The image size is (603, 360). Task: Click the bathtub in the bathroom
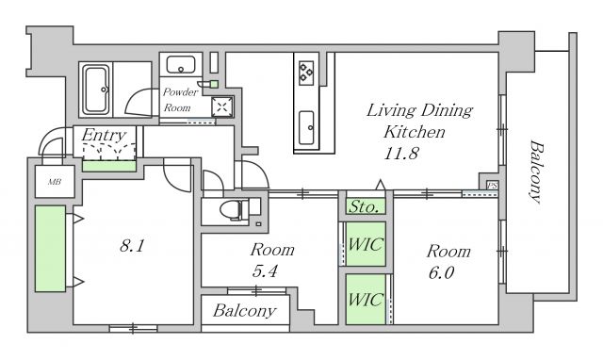pyautogui.click(x=96, y=90)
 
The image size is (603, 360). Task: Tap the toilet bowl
pyautogui.click(x=232, y=210)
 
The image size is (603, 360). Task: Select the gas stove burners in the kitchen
pyautogui.click(x=306, y=73)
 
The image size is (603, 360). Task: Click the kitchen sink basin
pyautogui.click(x=306, y=127)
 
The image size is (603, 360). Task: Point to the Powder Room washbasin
pyautogui.click(x=180, y=64)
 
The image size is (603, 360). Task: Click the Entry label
pyautogui.click(x=104, y=136)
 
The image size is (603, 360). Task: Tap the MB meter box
pyautogui.click(x=55, y=182)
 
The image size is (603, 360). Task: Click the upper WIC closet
pyautogui.click(x=366, y=244)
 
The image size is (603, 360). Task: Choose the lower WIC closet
pyautogui.click(x=366, y=299)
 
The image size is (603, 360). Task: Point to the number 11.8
pyautogui.click(x=401, y=154)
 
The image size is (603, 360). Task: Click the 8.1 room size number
pyautogui.click(x=132, y=245)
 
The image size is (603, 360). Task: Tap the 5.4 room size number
pyautogui.click(x=265, y=271)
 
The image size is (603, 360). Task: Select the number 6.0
pyautogui.click(x=441, y=272)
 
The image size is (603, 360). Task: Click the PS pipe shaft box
pyautogui.click(x=492, y=186)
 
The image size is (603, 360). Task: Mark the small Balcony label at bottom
pyautogui.click(x=245, y=311)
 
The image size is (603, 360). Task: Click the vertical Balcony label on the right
pyautogui.click(x=536, y=172)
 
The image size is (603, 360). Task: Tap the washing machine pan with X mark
pyautogui.click(x=222, y=106)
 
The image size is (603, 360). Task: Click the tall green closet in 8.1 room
pyautogui.click(x=50, y=249)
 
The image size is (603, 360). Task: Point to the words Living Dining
pyautogui.click(x=419, y=111)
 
